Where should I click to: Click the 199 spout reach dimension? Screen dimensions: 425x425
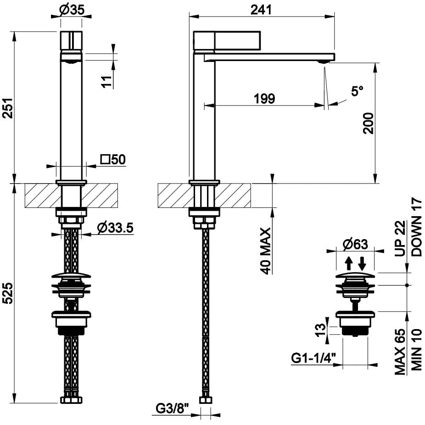(x=265, y=98)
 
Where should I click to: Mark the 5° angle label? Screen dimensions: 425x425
(x=357, y=91)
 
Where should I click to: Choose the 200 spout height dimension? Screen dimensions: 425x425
(x=368, y=123)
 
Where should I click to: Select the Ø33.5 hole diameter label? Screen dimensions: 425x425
(x=115, y=227)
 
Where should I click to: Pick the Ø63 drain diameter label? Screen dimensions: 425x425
(x=355, y=245)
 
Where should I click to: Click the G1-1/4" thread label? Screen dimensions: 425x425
(x=314, y=357)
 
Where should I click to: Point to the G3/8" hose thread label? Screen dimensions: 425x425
(x=172, y=408)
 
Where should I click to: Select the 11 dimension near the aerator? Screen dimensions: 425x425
(x=106, y=81)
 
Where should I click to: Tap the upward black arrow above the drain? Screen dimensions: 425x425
(x=349, y=263)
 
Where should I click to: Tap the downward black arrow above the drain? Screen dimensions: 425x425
(x=362, y=263)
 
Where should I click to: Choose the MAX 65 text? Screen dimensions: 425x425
(x=401, y=352)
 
